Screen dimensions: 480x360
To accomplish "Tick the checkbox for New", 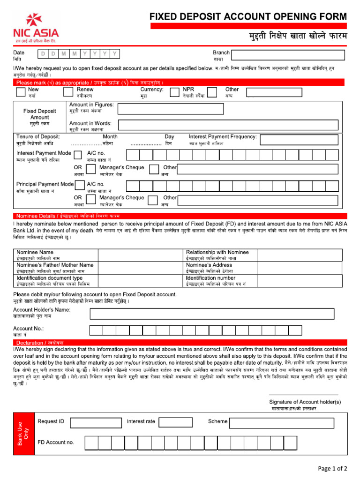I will [21, 92].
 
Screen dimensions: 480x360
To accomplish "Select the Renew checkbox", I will [69, 92].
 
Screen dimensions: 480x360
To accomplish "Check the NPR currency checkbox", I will [175, 92].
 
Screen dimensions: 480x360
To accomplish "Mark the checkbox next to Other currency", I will [211, 92].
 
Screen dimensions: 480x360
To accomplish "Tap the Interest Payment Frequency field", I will [303, 139].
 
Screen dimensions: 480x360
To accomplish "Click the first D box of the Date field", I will [43, 54].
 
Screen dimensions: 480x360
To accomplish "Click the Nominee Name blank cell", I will [140, 255].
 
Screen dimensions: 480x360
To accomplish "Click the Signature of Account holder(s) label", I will [305, 402].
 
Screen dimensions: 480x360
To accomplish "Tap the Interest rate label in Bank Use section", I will [141, 421].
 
